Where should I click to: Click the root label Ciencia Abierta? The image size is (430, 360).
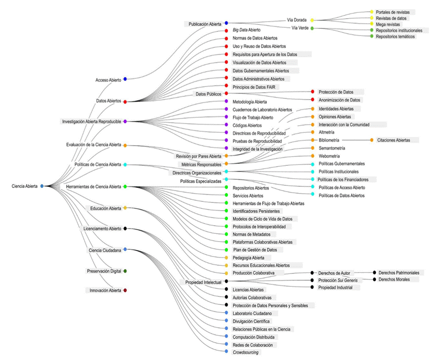24,186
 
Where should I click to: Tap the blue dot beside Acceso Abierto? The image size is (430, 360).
125,79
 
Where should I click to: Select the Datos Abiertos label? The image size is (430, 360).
109,101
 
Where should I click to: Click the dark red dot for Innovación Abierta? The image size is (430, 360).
125,290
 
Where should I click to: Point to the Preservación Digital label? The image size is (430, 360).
104,271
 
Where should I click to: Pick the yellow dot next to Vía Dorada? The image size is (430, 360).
312,20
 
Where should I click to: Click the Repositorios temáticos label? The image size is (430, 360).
395,37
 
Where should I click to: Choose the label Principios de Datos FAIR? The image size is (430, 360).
254,87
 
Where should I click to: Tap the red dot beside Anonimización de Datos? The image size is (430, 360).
313,99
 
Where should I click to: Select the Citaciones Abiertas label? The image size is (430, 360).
393,140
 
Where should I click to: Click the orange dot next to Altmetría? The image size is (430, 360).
313,132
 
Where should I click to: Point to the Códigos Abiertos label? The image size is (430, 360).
247,126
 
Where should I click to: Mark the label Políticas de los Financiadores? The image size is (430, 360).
343,180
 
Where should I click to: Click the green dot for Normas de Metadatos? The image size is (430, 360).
226,234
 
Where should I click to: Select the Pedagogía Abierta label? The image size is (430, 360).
248,258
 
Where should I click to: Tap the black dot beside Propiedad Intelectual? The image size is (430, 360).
226,281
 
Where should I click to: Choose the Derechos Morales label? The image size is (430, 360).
394,279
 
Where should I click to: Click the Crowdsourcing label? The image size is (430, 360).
246,352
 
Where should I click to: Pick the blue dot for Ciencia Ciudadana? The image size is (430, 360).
125,249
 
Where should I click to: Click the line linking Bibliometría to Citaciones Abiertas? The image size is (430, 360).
356,140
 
